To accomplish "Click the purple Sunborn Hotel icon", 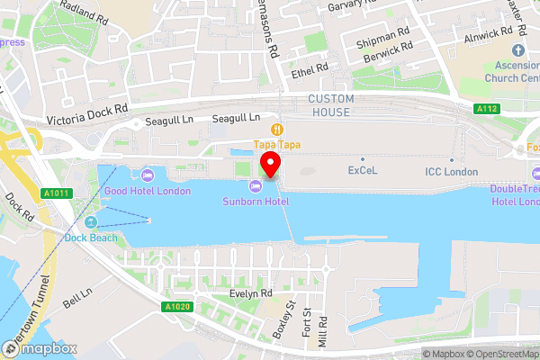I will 256,185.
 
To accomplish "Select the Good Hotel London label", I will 147,190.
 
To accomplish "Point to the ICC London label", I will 452,171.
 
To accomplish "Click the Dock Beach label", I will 90,238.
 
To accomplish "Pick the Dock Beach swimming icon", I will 90,222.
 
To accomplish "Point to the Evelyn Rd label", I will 250,293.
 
